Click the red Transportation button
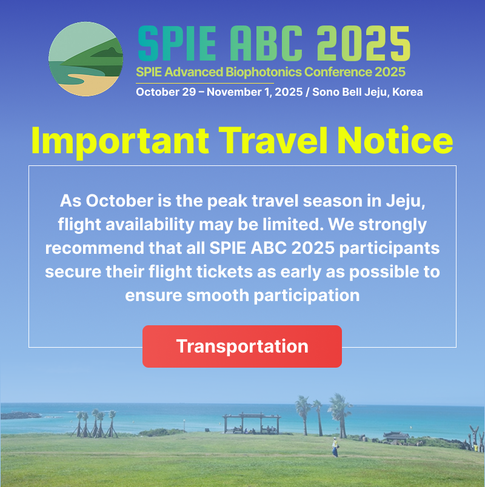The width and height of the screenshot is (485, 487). pyautogui.click(x=242, y=346)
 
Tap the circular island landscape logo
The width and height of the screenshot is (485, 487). pyautogui.click(x=86, y=59)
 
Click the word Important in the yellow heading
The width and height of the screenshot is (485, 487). pyautogui.click(x=120, y=142)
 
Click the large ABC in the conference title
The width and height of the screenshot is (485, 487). pyautogui.click(x=266, y=43)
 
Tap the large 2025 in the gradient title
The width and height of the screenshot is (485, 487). pyautogui.click(x=363, y=43)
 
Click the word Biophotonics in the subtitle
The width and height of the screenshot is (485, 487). pyautogui.click(x=264, y=72)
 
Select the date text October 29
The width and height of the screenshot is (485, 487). pyautogui.click(x=166, y=92)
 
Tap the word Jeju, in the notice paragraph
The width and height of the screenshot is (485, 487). pyautogui.click(x=406, y=202)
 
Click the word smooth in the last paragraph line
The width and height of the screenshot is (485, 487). pyautogui.click(x=218, y=295)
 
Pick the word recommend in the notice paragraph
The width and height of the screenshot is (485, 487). pyautogui.click(x=95, y=248)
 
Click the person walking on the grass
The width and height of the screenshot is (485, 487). pyautogui.click(x=335, y=447)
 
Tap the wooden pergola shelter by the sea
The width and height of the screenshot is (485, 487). pyautogui.click(x=252, y=423)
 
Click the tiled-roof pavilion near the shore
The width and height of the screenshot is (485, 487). pyautogui.click(x=396, y=437)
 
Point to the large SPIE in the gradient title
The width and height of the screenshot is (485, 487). pyautogui.click(x=177, y=43)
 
